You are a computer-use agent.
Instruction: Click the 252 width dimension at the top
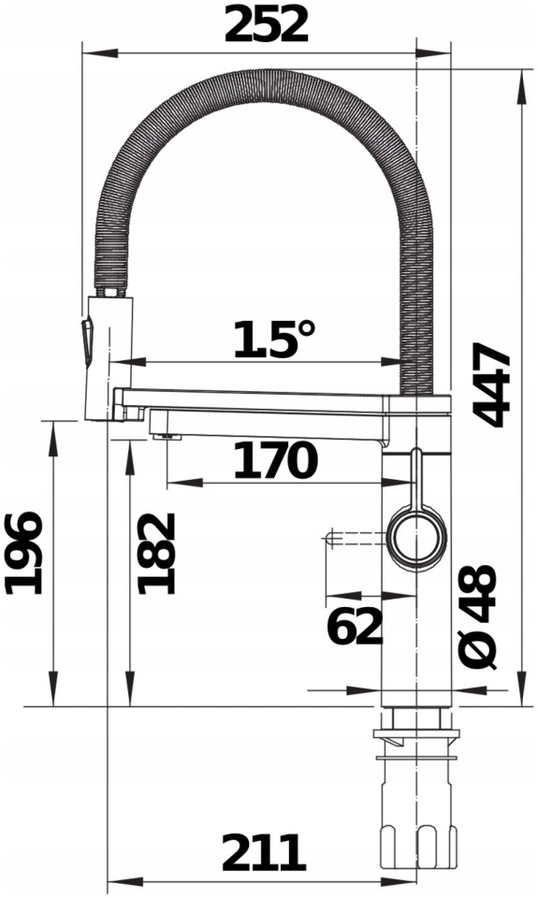[x=266, y=26]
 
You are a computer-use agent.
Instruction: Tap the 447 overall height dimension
[x=491, y=385]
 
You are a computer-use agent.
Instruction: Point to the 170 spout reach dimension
[x=275, y=460]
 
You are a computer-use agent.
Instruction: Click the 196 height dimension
[x=23, y=553]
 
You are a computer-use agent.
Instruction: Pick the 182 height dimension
[x=156, y=553]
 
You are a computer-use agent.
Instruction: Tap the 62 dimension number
[x=354, y=626]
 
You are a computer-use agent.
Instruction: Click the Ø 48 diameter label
[x=476, y=616]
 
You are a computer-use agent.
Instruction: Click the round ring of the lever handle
[x=416, y=537]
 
